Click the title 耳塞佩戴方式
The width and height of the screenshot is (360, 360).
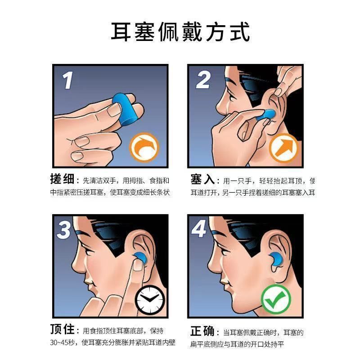point(180,32)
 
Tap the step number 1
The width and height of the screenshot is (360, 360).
point(68,80)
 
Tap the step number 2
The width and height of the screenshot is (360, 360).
point(203,80)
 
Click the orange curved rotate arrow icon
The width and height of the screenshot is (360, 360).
point(144,147)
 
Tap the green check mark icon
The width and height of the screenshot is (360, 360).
point(276,299)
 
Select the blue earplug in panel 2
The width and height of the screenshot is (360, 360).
point(266,115)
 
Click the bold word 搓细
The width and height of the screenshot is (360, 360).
point(62,179)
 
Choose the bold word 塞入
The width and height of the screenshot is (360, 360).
point(202,179)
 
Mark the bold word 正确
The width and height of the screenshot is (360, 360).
point(202,331)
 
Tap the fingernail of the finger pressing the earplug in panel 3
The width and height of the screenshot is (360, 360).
point(138,265)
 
